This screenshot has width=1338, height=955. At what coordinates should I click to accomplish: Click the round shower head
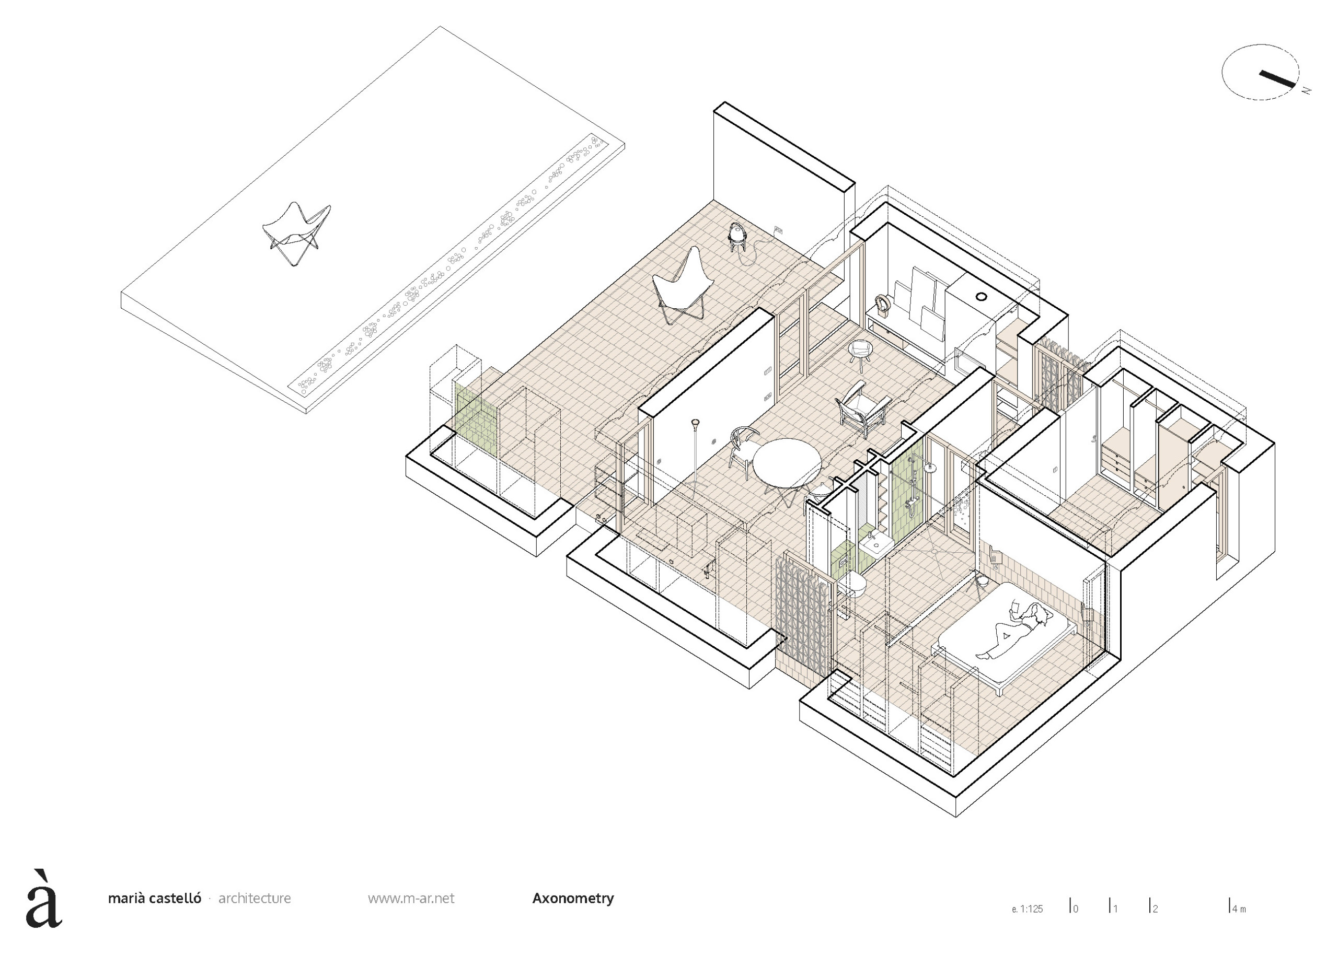pos(930,468)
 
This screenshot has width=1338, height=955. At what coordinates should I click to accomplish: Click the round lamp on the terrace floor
pos(737,235)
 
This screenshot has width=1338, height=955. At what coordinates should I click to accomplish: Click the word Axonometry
pos(572,898)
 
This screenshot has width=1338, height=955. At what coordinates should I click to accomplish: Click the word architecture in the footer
pos(254,899)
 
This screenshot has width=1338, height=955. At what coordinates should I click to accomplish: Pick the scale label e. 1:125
pos(1027,909)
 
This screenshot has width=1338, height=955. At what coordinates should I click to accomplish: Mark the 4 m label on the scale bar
pos(1239,909)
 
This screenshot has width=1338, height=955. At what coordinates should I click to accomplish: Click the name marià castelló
pos(154,899)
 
